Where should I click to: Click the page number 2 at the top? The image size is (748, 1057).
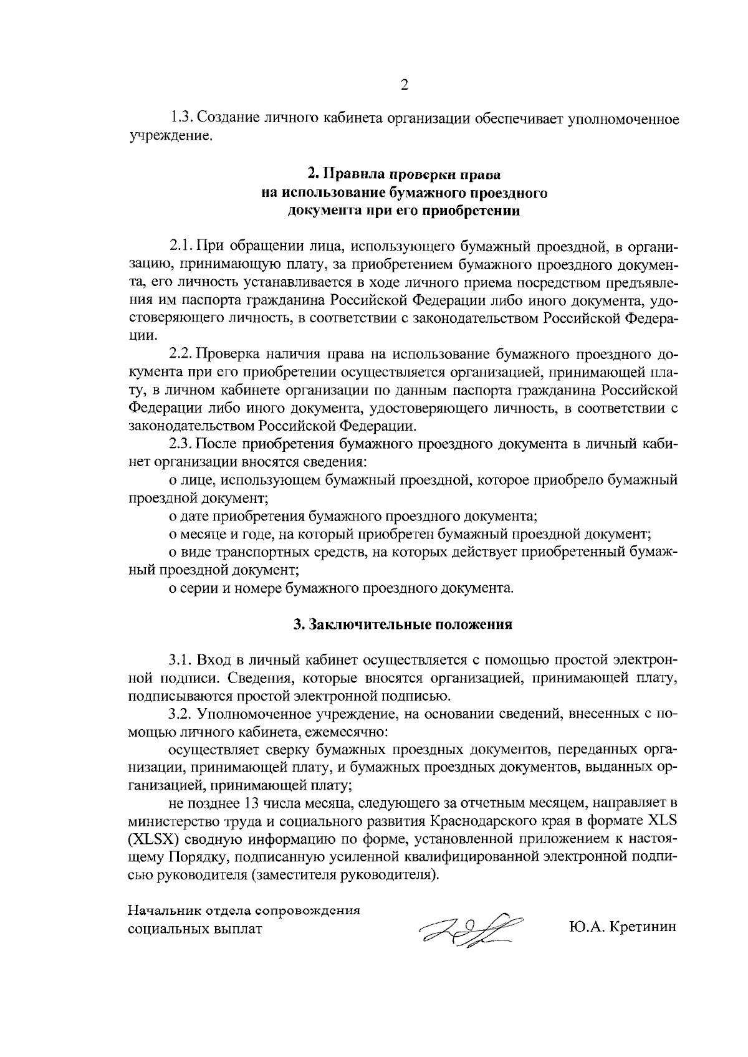pyautogui.click(x=404, y=85)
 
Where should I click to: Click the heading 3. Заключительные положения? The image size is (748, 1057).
pyautogui.click(x=403, y=624)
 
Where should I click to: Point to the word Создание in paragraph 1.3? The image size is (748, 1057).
pyautogui.click(x=233, y=118)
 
